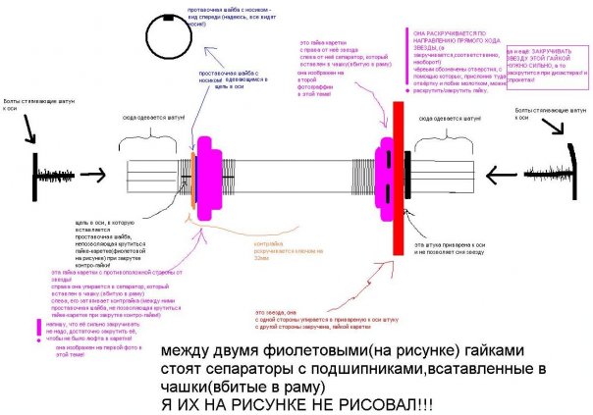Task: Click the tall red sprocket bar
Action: (398, 178)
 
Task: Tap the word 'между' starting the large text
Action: (187, 350)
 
